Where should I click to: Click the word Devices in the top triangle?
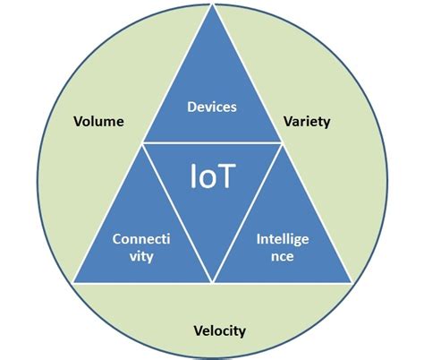212,107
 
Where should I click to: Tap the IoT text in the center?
212,176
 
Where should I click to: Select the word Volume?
99,121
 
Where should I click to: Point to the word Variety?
306,121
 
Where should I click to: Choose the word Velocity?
219,330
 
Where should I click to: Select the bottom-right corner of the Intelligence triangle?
350,284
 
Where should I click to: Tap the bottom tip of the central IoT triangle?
212,282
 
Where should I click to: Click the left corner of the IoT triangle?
145,143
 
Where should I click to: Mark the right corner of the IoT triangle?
280,143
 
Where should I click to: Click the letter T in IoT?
226,176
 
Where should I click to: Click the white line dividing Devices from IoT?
212,143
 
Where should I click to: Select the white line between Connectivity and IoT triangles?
178,213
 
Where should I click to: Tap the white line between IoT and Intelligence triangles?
246,213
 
